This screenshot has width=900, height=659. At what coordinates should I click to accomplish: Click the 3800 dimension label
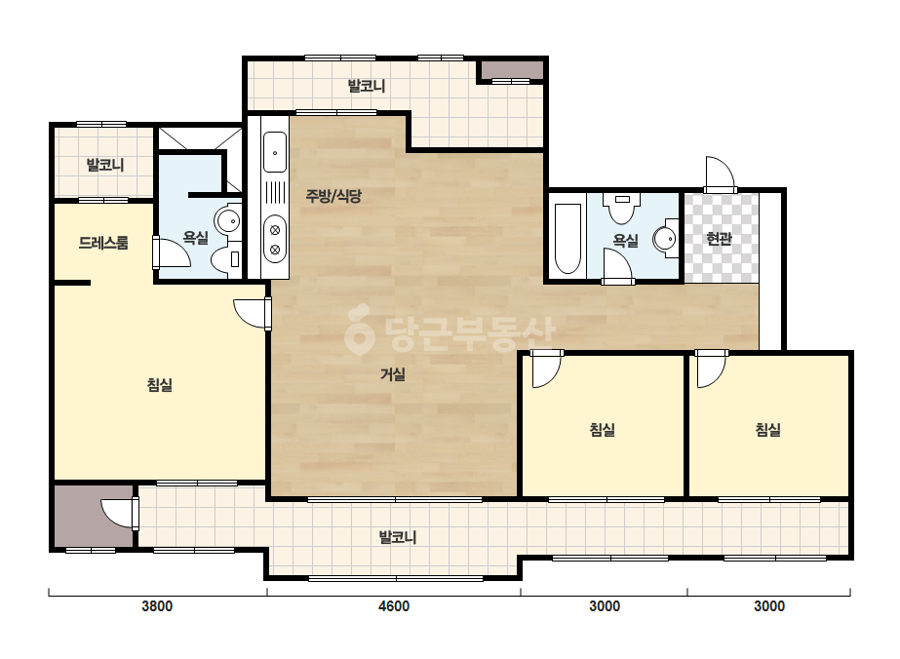pos(157,606)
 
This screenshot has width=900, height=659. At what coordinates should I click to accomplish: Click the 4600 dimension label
pos(394,606)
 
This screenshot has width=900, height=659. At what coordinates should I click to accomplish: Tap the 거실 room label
pos(393,375)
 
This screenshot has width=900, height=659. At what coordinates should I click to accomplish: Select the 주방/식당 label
pos(333,196)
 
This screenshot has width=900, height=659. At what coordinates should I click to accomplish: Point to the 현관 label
pos(719,238)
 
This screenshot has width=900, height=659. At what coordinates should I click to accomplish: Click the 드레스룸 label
pos(103,243)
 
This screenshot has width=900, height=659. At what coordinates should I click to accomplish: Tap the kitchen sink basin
pos(275,151)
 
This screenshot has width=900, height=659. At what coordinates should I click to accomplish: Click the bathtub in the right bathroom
pos(568,238)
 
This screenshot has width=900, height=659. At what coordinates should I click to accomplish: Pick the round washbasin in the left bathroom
pos(228,220)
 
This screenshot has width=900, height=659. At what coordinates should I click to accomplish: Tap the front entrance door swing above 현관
pos(720,174)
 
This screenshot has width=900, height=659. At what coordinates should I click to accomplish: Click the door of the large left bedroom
pos(253,314)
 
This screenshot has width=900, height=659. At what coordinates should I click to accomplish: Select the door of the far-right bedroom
pos(711,368)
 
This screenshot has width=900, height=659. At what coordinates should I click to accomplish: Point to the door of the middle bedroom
pos(546,368)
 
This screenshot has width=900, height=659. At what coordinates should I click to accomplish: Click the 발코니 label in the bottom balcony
pos(397,538)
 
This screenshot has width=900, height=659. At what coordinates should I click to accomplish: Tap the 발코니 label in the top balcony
pos(367,87)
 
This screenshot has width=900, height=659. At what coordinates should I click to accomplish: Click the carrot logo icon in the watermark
pos(359,330)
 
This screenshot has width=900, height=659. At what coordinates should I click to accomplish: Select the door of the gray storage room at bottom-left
pos(120,513)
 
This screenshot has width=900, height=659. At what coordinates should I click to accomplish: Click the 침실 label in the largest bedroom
pos(160,385)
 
